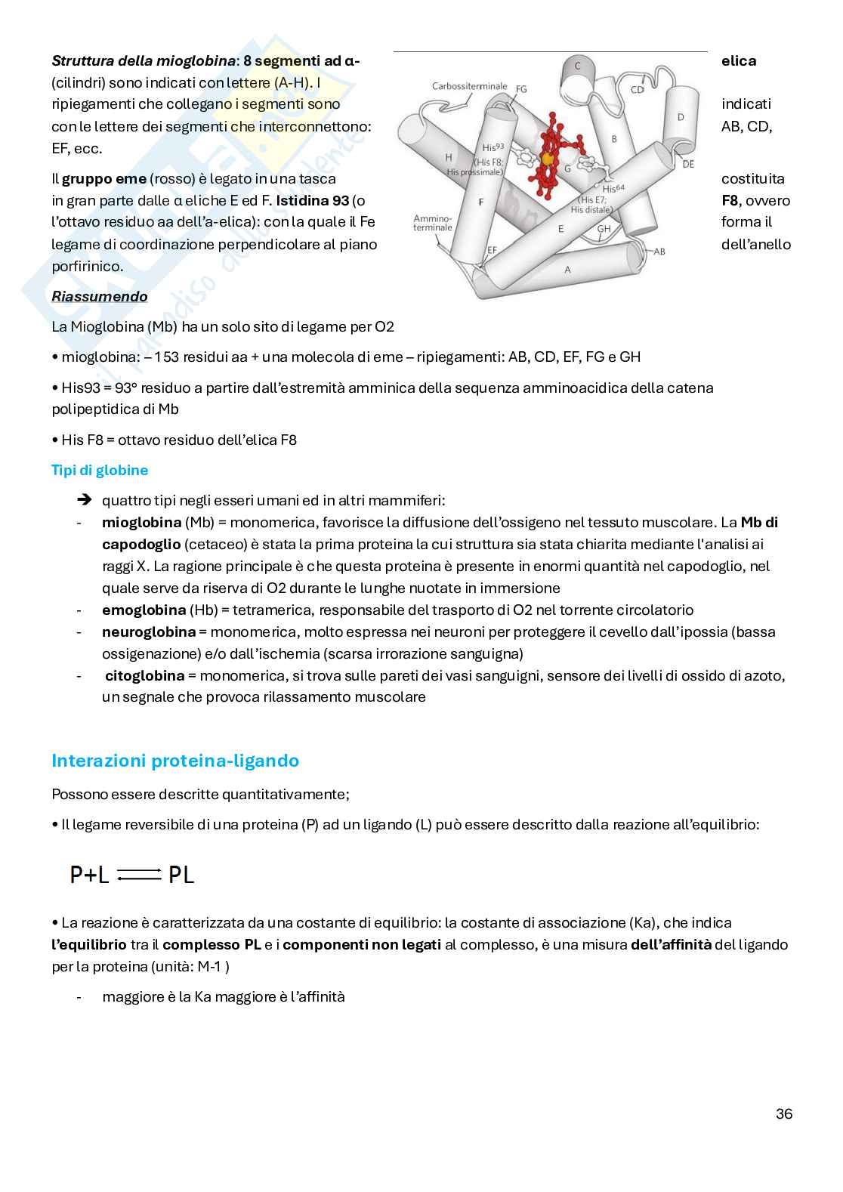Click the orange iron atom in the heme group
[548, 159]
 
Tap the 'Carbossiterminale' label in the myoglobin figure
[469, 86]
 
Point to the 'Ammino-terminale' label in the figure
[433, 223]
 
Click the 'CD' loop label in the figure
[637, 90]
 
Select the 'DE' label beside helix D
[687, 164]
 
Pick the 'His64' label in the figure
[615, 188]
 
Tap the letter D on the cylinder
[680, 117]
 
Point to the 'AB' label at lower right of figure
[659, 252]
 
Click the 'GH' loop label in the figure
[604, 228]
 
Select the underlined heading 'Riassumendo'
[99, 297]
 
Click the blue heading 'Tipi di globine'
[99, 471]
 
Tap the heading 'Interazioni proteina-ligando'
[174, 761]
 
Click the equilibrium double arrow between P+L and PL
[139, 875]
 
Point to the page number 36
[783, 1114]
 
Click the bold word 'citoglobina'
[144, 676]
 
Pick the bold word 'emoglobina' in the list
[144, 610]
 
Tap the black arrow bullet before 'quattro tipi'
[85, 500]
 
